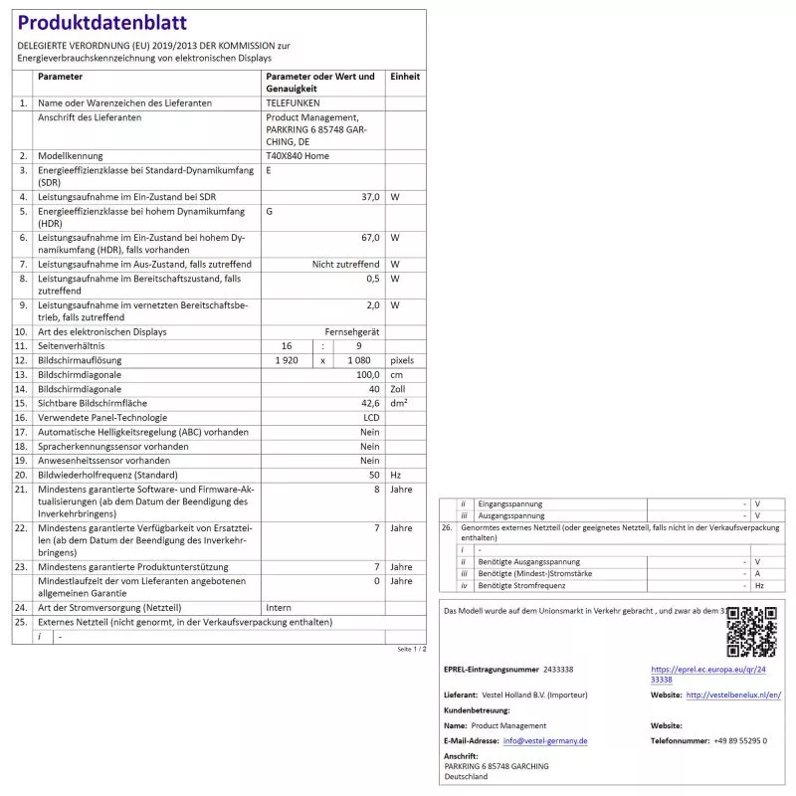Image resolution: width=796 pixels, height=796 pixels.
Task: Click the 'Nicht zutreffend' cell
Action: [345, 264]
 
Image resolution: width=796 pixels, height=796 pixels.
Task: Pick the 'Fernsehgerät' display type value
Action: [351, 331]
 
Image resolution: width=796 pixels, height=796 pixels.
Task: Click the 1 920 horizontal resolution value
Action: [288, 360]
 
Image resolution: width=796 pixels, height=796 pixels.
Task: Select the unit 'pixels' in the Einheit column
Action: [403, 360]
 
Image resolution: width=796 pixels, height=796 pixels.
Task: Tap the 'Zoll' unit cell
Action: [399, 389]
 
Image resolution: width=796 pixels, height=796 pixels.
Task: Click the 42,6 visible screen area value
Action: [369, 403]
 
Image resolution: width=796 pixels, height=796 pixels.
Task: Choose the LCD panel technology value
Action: [371, 418]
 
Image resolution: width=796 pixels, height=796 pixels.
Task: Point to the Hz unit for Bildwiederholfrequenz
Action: [396, 476]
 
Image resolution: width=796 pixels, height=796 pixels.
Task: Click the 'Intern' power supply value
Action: [280, 607]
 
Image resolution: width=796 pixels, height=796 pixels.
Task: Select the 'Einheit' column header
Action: [405, 77]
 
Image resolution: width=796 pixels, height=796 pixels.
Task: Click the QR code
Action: [751, 632]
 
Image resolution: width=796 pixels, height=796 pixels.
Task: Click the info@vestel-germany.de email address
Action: [545, 740]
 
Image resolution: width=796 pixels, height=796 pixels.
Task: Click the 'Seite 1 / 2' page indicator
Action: [411, 649]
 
